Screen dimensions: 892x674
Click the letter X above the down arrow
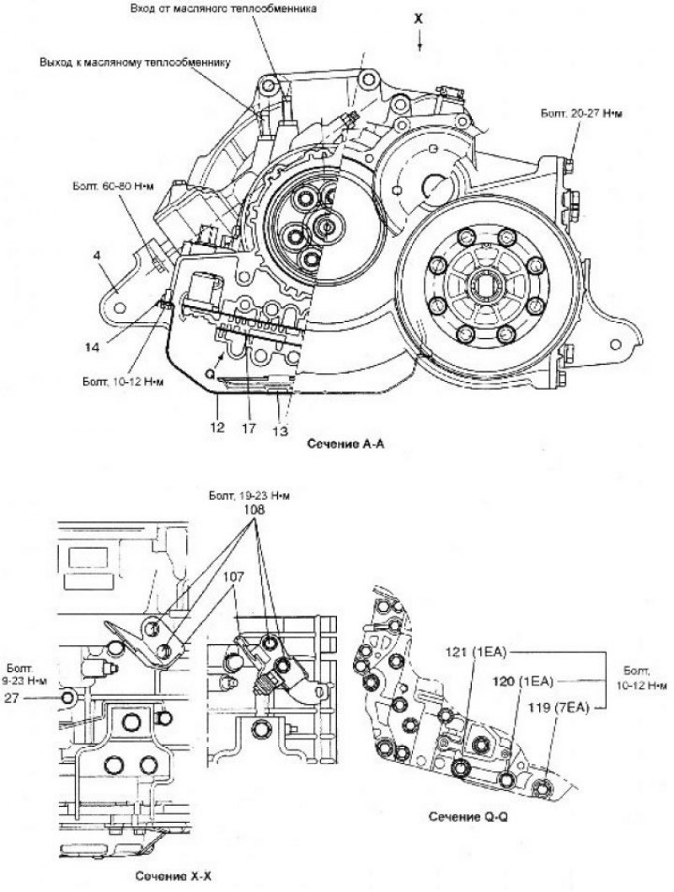419,17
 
